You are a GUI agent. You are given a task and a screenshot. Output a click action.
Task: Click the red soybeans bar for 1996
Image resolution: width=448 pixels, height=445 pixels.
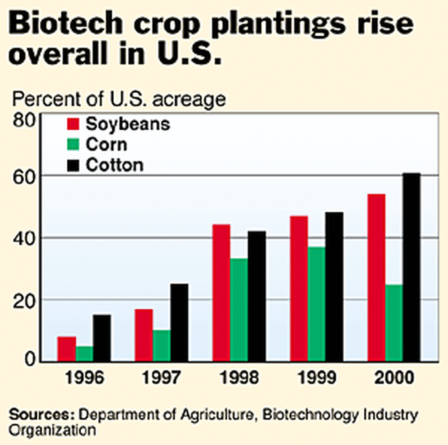point(66,349)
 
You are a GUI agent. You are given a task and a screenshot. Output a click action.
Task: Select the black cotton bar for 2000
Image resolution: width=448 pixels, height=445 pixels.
point(411,267)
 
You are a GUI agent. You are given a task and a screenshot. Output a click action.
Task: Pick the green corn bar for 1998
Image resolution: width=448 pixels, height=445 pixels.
point(238,309)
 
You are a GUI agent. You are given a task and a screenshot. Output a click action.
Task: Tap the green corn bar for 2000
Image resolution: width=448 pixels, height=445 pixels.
point(393,322)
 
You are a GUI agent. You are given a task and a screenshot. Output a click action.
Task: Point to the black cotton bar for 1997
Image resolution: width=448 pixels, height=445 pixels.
point(179,322)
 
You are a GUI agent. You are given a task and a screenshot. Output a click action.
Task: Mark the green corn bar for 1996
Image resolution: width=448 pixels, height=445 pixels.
point(84,354)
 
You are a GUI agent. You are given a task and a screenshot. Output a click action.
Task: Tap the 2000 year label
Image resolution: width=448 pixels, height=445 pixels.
point(393,377)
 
